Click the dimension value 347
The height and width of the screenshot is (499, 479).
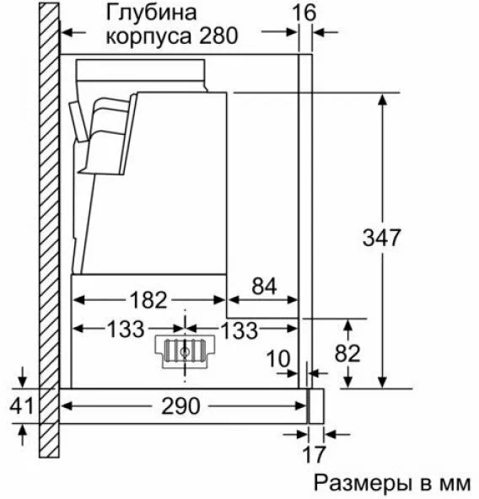[x=381, y=238]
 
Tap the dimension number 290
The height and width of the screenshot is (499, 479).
[x=180, y=405]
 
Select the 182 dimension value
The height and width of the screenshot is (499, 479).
[x=148, y=299]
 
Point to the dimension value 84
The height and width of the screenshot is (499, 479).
[x=264, y=286]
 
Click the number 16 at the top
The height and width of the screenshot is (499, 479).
[x=304, y=12]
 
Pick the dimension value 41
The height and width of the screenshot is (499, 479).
[x=21, y=405]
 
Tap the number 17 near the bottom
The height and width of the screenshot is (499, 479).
[x=314, y=454]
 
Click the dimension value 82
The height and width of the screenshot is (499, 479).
[x=347, y=352]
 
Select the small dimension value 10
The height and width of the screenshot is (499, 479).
[x=278, y=359]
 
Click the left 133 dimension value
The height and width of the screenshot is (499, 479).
[x=126, y=329]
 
